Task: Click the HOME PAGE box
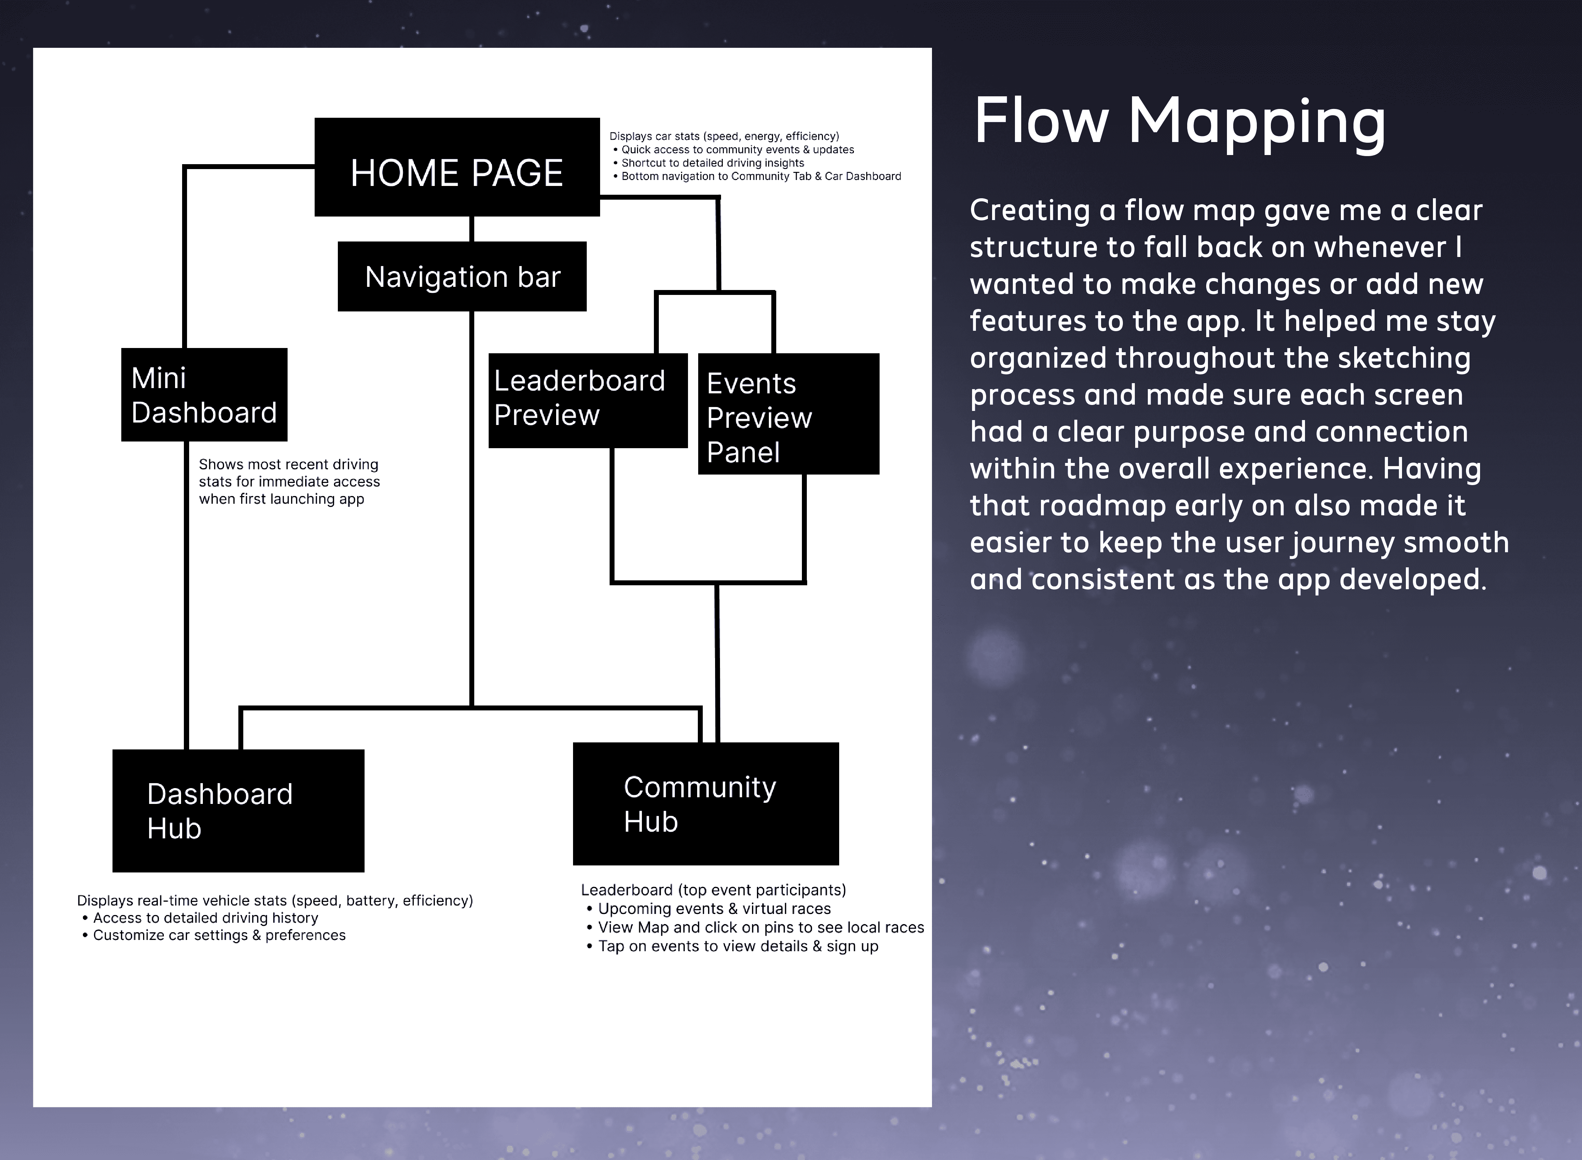point(457,167)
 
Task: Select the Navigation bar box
point(462,277)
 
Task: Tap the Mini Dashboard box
point(204,395)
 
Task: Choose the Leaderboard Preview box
point(588,400)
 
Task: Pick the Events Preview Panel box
point(789,414)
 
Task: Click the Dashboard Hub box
point(238,811)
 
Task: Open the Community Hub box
point(706,804)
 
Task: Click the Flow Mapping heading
point(1180,122)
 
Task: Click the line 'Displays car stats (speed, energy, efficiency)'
point(724,136)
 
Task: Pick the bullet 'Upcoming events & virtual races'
point(708,909)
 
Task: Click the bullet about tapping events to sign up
point(732,947)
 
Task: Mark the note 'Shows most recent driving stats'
point(289,482)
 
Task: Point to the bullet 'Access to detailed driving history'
point(200,918)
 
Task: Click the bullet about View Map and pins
point(755,928)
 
